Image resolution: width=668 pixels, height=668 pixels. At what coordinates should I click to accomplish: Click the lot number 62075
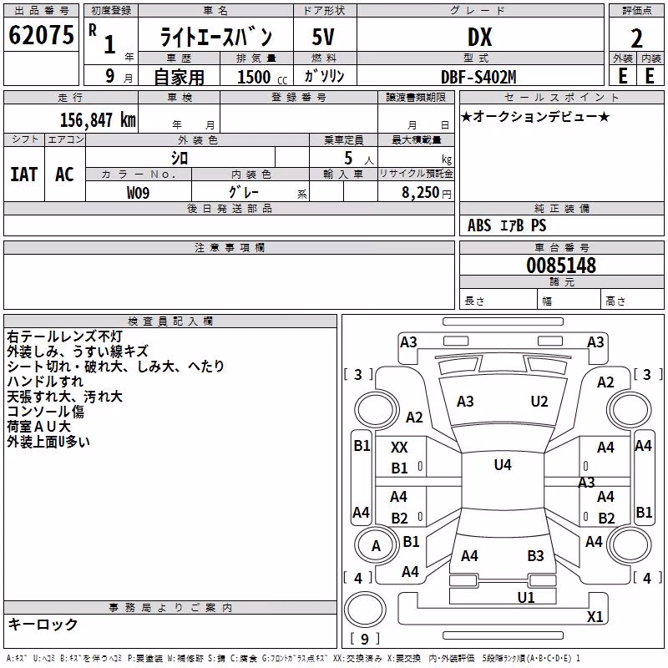pyautogui.click(x=41, y=35)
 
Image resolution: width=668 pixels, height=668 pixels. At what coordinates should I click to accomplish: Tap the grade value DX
pyautogui.click(x=479, y=37)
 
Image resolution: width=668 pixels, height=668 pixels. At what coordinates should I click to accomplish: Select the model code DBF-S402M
pyautogui.click(x=478, y=77)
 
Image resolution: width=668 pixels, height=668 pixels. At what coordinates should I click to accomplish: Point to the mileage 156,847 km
pyautogui.click(x=98, y=120)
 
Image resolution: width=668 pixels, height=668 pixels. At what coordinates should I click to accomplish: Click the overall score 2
pyautogui.click(x=636, y=38)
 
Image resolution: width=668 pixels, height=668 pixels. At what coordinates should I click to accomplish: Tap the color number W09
pyautogui.click(x=138, y=193)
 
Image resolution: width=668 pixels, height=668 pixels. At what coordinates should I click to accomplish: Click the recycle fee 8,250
pyautogui.click(x=420, y=193)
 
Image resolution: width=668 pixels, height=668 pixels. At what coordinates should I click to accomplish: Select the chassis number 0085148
pyautogui.click(x=561, y=266)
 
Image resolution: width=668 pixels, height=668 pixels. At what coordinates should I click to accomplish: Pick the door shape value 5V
pyautogui.click(x=323, y=37)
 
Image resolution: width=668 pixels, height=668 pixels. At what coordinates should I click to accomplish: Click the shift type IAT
pyautogui.click(x=24, y=175)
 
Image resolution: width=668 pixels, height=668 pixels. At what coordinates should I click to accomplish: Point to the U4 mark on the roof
pyautogui.click(x=503, y=465)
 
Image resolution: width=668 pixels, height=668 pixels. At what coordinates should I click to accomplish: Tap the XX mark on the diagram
pyautogui.click(x=399, y=448)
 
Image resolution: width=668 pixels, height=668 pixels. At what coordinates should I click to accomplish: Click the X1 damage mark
pyautogui.click(x=595, y=616)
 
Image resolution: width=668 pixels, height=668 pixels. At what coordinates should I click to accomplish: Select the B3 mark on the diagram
pyautogui.click(x=535, y=556)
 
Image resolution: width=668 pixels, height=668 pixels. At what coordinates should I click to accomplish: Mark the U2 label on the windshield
pyautogui.click(x=539, y=402)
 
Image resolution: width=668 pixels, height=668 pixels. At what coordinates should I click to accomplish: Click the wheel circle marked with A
pyautogui.click(x=376, y=545)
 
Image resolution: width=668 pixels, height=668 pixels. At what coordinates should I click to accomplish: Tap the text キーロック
pyautogui.click(x=43, y=624)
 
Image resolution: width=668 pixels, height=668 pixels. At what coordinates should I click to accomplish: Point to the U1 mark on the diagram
pyautogui.click(x=526, y=598)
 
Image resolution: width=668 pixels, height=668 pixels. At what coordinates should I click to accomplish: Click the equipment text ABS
pyautogui.click(x=479, y=225)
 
